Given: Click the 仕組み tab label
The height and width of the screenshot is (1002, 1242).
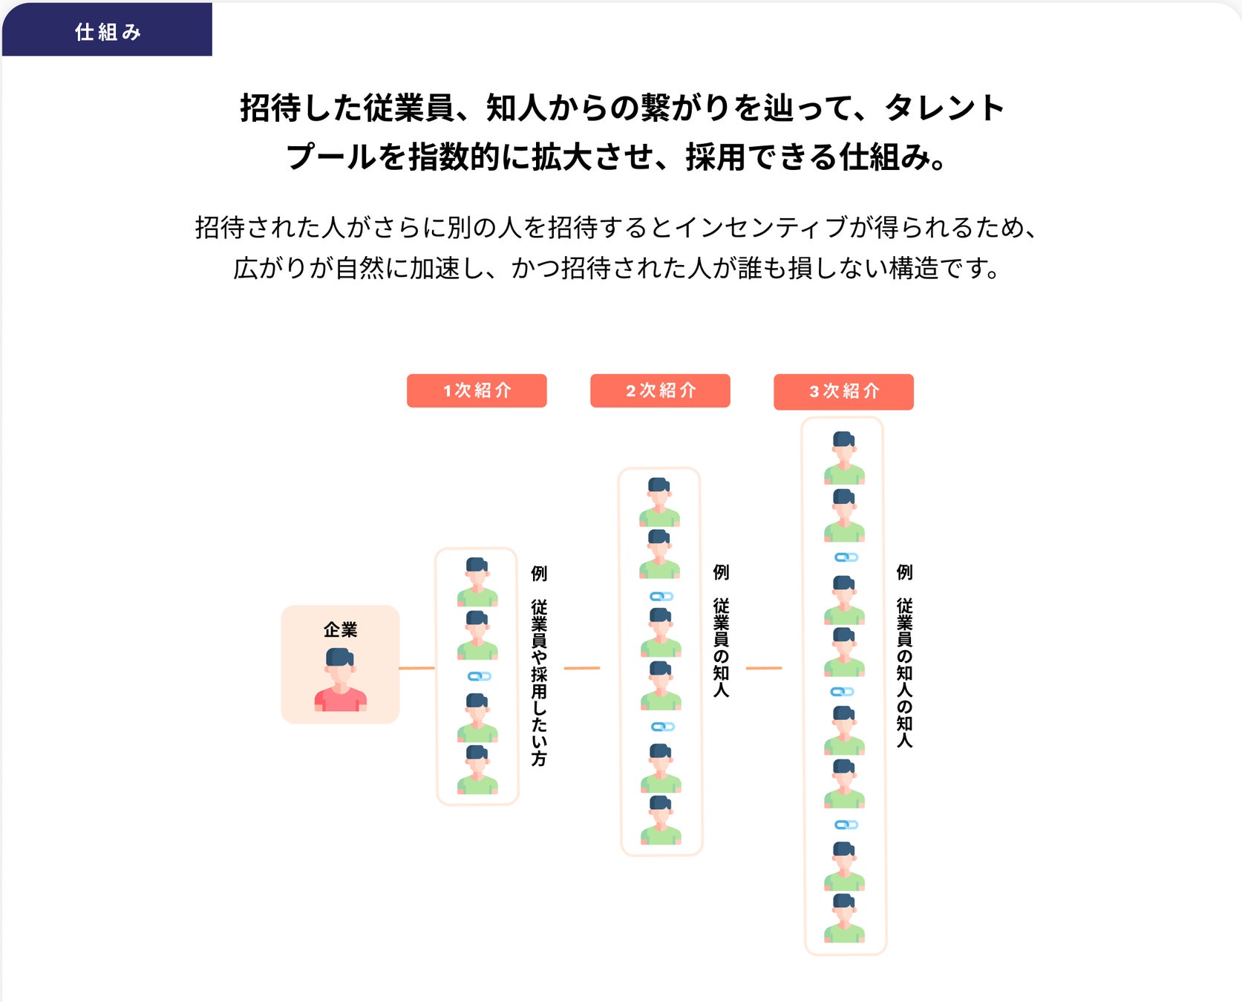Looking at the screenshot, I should [x=108, y=32].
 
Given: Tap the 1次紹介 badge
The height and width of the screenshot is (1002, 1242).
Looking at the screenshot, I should [x=477, y=390].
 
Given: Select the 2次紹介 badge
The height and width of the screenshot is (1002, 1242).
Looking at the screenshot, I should [x=660, y=390].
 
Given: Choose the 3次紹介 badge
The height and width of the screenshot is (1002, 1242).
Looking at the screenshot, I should [x=843, y=391].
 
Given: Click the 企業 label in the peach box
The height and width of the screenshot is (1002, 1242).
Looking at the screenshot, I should [x=340, y=629].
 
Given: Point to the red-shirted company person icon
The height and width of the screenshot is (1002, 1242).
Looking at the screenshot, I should [x=340, y=680].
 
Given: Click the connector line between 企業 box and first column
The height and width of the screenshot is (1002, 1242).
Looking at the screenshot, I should [x=416, y=668].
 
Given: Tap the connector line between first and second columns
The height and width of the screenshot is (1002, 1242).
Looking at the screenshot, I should [x=581, y=668].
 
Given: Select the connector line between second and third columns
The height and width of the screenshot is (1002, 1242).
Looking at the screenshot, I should [x=763, y=668].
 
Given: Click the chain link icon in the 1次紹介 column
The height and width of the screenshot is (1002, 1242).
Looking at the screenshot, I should [x=479, y=676].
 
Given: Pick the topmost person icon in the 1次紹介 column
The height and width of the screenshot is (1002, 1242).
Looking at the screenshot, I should [x=477, y=582].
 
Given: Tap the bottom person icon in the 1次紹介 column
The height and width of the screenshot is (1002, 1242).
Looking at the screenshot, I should [x=477, y=770].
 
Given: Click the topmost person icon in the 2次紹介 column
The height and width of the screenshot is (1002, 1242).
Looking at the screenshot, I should [x=659, y=502].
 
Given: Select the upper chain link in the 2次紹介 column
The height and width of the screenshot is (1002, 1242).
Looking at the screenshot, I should [x=661, y=596].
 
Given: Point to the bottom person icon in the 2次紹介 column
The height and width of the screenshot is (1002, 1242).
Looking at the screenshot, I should [x=661, y=820].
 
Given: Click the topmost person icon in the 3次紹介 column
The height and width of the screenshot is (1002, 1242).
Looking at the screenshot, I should [x=844, y=457].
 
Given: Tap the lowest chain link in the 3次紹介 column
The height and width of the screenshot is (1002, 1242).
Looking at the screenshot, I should [x=846, y=825].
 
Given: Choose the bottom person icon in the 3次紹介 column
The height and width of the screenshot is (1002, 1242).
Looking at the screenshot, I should [x=844, y=918].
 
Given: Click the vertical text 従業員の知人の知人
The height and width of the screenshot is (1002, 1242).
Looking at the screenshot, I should [x=904, y=672].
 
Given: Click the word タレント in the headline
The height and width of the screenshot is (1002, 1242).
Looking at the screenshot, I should [x=944, y=108].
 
